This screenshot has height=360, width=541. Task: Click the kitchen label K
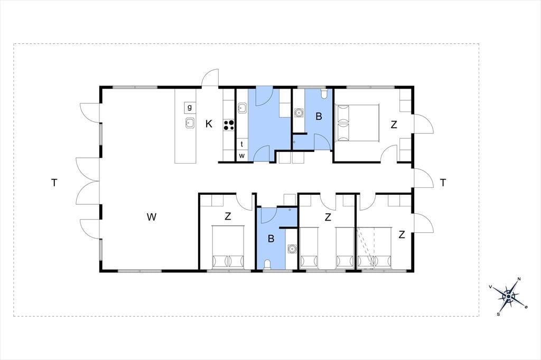coord(209,124)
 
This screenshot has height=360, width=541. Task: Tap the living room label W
coord(152,217)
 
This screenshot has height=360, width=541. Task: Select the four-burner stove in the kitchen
coord(228,125)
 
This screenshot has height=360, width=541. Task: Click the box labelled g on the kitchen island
coord(190,107)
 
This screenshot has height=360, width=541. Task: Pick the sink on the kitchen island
coord(190,122)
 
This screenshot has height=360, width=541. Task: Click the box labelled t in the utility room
coord(242,144)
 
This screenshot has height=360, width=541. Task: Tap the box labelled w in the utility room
coord(242,156)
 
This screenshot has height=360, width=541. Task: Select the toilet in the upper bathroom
coord(324,94)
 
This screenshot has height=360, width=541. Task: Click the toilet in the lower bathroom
coord(267,264)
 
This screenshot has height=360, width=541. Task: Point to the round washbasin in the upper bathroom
coord(299,112)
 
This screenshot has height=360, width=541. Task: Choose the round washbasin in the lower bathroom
coord(292,248)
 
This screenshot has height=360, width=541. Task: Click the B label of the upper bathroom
coord(319,117)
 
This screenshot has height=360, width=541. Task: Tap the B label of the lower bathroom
coord(271,238)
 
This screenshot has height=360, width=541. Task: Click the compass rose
coord(509,296)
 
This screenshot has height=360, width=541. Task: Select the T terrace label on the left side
coord(54,183)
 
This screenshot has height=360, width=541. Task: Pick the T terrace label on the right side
coord(443,183)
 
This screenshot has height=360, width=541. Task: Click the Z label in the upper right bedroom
coord(394,125)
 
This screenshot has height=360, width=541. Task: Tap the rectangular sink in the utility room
coord(242,108)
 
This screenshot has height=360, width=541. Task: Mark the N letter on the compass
coord(519,279)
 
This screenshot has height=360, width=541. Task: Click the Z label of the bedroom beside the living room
coord(228,216)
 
